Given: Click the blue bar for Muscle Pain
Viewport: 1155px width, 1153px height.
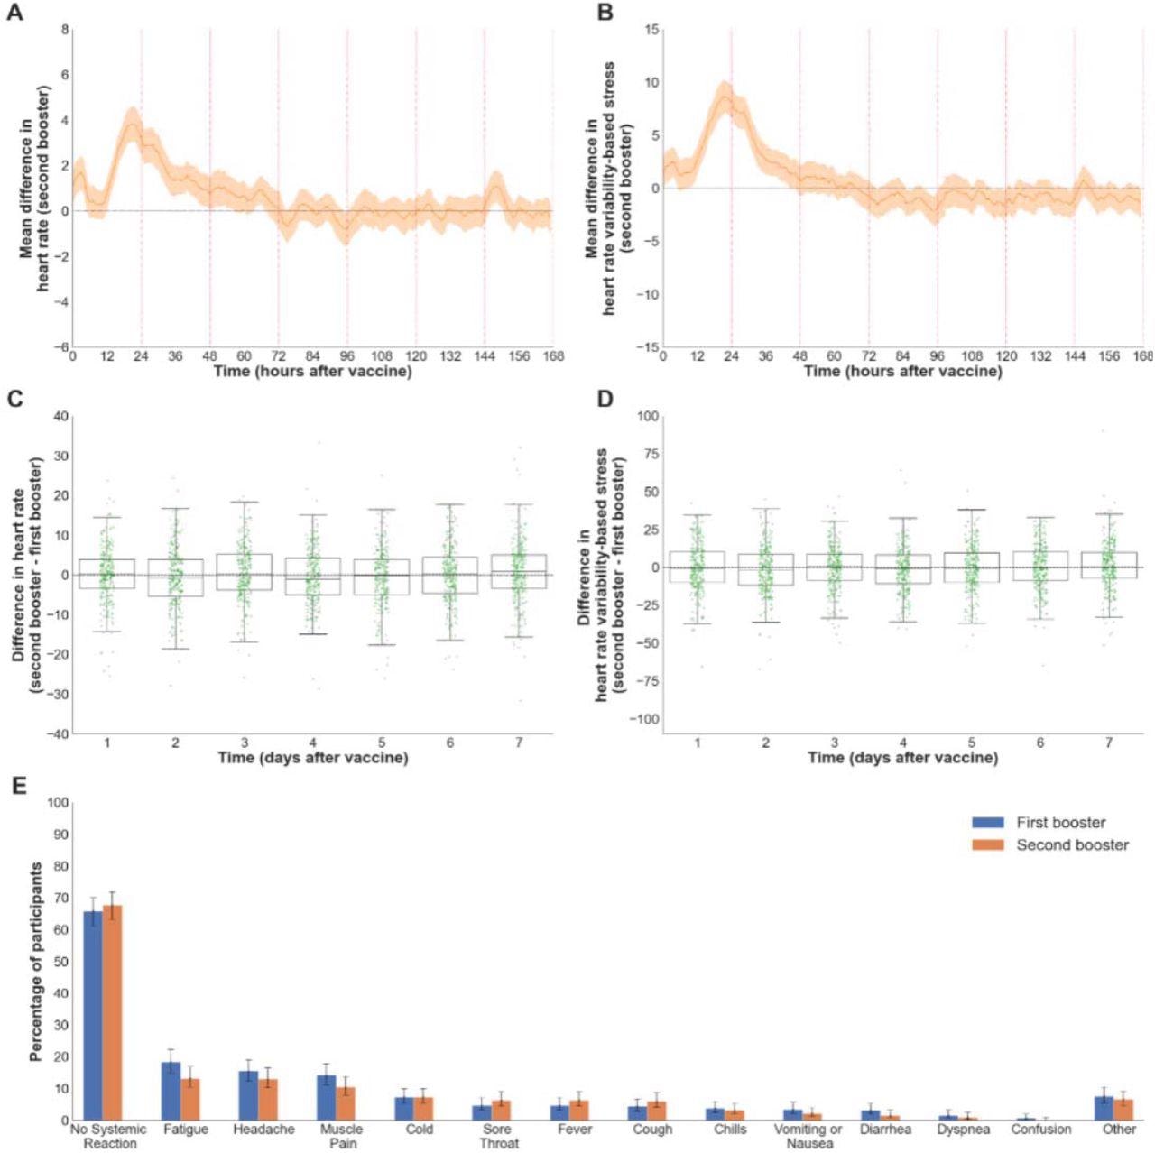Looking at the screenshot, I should pos(326,1097).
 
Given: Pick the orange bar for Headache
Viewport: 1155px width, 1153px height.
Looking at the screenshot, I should pos(267,1099).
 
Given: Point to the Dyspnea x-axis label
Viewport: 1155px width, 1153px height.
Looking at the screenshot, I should pos(964,1130).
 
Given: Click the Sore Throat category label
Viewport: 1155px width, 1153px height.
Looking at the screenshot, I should pos(497,1136).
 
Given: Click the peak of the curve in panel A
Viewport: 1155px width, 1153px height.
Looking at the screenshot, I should pos(133,123).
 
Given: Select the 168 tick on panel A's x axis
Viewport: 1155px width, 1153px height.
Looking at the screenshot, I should pos(552,356).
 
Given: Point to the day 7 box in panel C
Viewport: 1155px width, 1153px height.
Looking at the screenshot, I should pos(519,571).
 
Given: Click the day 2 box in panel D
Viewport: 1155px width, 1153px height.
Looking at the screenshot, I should pos(765,569).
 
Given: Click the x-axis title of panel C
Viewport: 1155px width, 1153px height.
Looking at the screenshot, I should pos(312,758).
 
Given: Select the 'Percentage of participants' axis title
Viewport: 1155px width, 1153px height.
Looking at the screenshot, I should pos(36,961).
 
